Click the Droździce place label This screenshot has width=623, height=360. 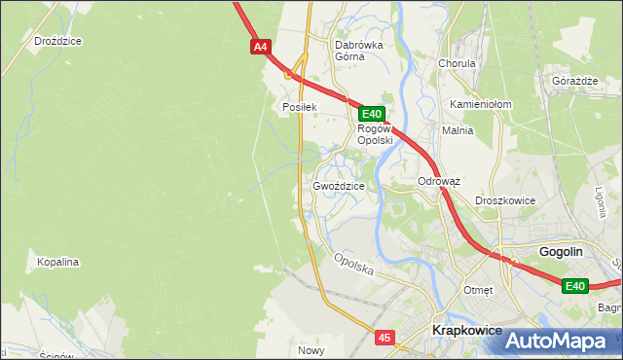(x=57, y=42)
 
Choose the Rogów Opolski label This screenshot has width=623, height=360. (x=374, y=134)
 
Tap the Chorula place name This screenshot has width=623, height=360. (x=457, y=64)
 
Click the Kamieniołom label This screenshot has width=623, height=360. (x=481, y=104)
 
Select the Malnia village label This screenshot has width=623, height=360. (x=458, y=130)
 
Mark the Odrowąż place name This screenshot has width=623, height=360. (x=438, y=182)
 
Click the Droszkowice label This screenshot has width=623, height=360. (x=505, y=200)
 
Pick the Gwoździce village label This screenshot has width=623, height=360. (x=339, y=186)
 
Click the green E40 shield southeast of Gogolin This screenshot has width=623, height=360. (x=575, y=285)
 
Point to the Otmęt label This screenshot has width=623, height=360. (x=479, y=290)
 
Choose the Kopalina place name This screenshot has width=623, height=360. (x=57, y=263)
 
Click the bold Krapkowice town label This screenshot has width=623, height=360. (x=466, y=331)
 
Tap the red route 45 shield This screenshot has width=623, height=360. (x=385, y=338)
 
